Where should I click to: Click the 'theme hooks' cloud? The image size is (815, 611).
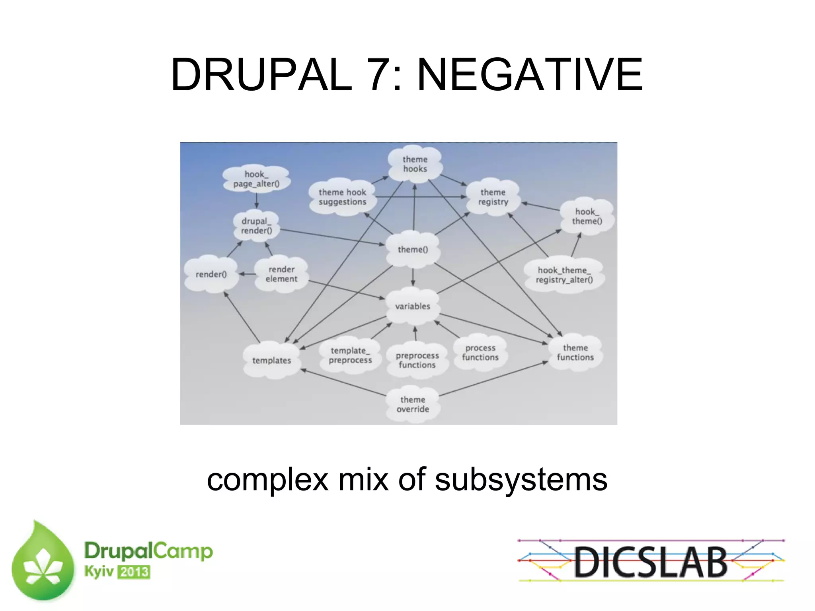pos(415,164)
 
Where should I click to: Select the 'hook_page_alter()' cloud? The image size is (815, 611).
pos(256,179)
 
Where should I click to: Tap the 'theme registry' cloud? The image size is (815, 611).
pos(493,197)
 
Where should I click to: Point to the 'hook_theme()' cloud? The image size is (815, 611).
pos(587,217)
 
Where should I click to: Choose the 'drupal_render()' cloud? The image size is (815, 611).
pos(256,226)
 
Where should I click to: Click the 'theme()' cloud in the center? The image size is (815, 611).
pos(413,250)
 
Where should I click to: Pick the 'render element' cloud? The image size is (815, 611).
pos(281,274)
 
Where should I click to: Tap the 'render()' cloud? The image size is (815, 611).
pos(211,274)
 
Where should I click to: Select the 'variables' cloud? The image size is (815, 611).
pos(413,306)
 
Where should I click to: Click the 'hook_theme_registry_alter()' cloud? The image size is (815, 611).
pos(564,275)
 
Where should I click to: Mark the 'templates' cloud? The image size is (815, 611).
pos(272,361)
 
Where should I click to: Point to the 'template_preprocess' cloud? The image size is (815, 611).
pos(350,355)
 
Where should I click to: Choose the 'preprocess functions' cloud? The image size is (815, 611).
pos(417,360)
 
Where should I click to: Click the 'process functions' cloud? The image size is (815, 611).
pos(480,353)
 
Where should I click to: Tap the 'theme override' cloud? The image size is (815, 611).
pos(413,404)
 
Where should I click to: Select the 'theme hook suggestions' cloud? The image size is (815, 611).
pos(342,197)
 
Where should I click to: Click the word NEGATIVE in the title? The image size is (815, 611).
pos(530,75)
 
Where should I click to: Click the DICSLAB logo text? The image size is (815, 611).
pos(651,562)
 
